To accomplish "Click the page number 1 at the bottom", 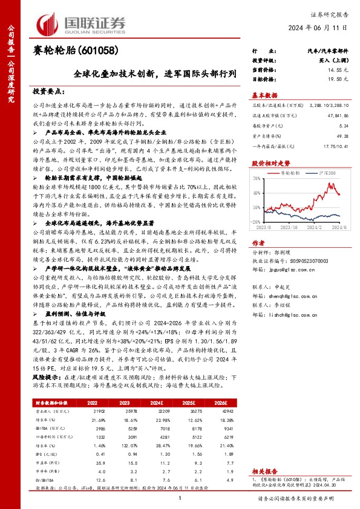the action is point(180,497).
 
